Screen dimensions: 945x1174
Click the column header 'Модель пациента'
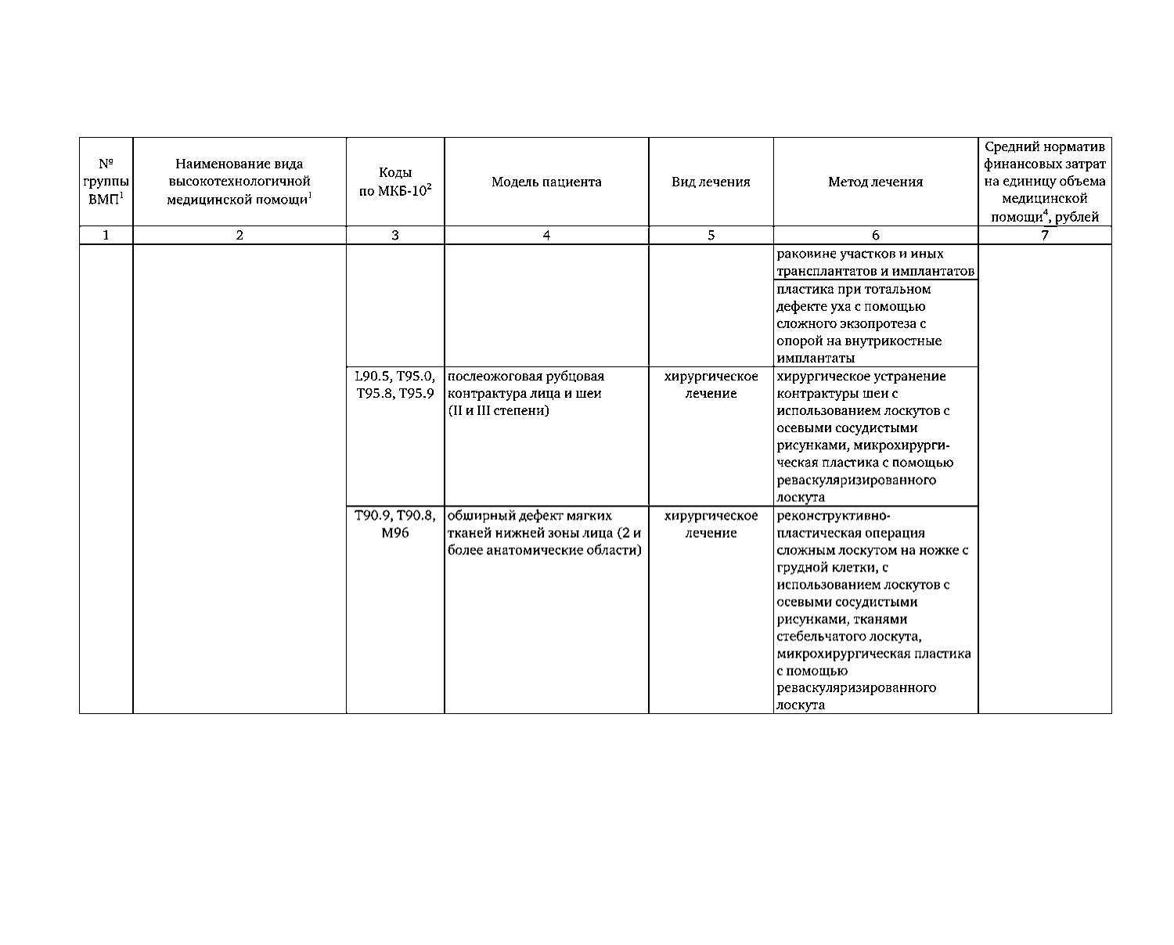[x=546, y=182]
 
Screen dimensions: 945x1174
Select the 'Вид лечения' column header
[x=711, y=182]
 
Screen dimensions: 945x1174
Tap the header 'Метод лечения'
[x=875, y=182]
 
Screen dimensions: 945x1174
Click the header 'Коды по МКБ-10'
[x=395, y=182]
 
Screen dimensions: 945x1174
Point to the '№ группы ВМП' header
[x=106, y=182]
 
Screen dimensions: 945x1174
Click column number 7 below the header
[x=1044, y=235]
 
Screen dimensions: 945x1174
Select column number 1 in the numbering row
[x=106, y=235]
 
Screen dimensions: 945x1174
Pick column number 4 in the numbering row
[x=546, y=235]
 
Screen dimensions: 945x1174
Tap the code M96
[x=395, y=533]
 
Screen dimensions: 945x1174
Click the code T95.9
[x=417, y=394]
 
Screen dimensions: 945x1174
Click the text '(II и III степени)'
[x=499, y=411]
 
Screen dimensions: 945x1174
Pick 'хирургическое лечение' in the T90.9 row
[x=711, y=525]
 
